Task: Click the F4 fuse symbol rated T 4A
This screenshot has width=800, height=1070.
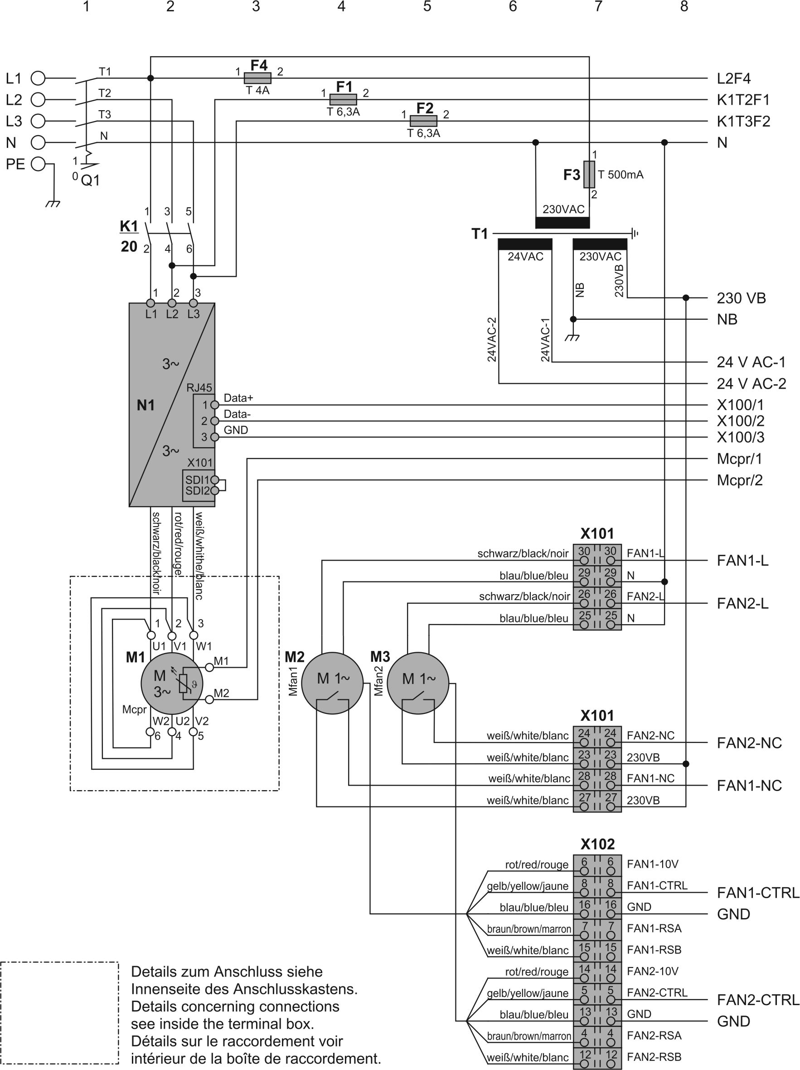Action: coord(257,78)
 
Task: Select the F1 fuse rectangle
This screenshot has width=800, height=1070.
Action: coord(343,99)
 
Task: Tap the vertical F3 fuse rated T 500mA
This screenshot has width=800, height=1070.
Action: coord(589,174)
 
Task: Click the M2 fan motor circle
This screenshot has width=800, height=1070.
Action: coord(332,683)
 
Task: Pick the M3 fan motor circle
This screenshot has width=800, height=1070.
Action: coord(418,683)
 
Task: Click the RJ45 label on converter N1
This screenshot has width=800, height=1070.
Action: coord(199,387)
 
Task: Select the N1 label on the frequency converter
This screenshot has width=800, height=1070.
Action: coord(145,405)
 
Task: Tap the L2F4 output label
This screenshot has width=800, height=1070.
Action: coord(733,78)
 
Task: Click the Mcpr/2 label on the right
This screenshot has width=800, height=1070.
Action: coord(739,480)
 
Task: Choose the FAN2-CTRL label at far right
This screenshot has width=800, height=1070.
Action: coord(757,999)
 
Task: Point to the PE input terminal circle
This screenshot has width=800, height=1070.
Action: coord(38,164)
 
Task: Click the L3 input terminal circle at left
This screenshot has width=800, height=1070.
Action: coord(38,121)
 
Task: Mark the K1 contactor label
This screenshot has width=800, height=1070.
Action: coord(129,226)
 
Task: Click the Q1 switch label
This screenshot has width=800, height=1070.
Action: coord(90,181)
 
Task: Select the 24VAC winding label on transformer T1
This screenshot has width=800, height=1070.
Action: coord(525,256)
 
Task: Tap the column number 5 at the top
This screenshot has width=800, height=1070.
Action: coord(427,6)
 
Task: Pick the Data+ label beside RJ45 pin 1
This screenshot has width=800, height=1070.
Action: coord(238,398)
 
